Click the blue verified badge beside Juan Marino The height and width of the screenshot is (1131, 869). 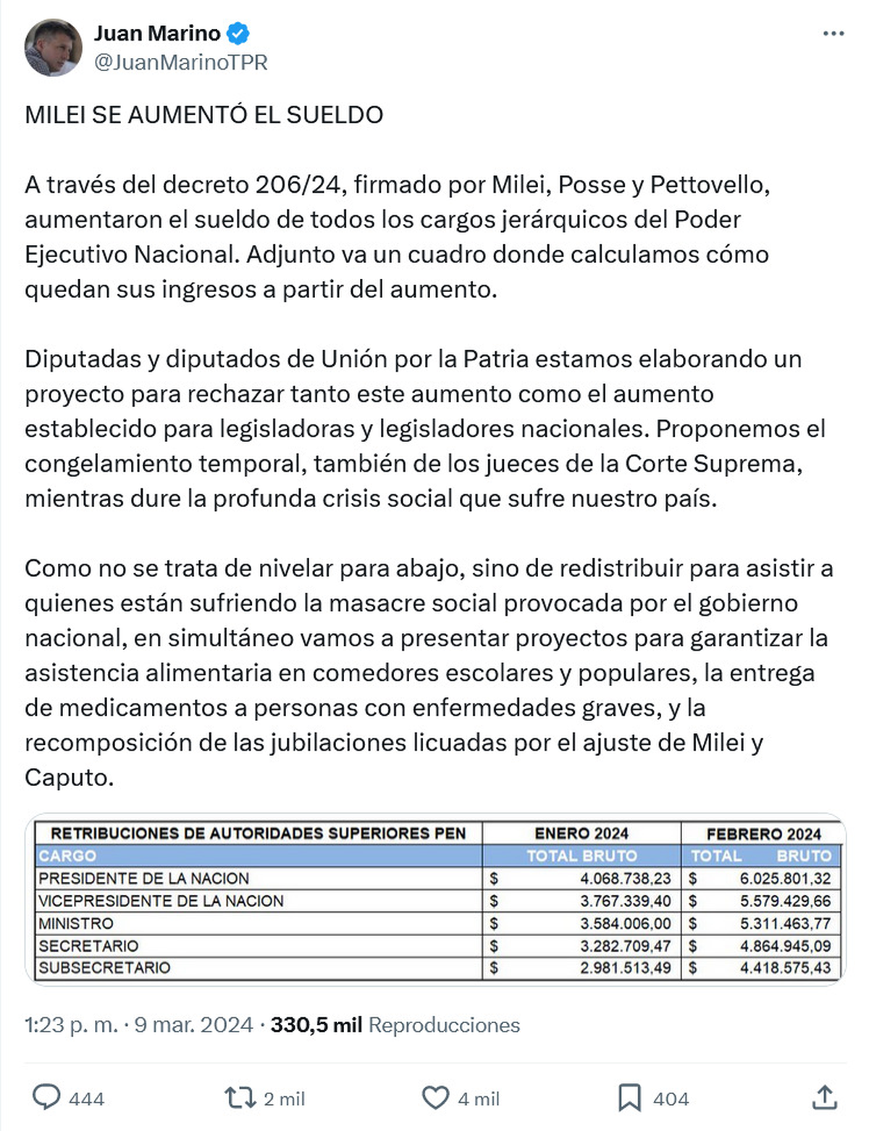click(238, 33)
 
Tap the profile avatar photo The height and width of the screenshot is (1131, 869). click(53, 48)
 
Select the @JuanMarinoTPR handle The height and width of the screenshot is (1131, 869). click(181, 63)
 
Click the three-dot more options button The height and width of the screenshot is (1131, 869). click(834, 34)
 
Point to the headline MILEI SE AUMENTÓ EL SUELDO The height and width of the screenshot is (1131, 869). click(204, 114)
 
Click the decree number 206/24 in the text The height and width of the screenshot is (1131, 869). click(298, 185)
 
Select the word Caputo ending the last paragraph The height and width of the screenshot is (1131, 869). click(70, 777)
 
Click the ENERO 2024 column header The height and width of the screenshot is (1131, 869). click(582, 833)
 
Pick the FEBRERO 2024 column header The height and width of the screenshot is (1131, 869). click(763, 834)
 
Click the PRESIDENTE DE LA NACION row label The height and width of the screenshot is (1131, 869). click(143, 878)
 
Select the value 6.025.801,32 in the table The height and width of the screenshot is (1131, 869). click(785, 879)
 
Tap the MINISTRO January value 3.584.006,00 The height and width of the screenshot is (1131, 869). click(625, 924)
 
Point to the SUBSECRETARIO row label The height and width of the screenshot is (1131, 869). click(104, 968)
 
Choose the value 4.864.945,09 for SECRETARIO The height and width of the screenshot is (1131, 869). click(785, 946)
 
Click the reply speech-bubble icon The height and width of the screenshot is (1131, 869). click(47, 1098)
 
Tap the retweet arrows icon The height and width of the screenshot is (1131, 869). click(240, 1098)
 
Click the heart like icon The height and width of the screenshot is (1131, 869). click(435, 1098)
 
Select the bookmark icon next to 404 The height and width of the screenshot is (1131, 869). click(629, 1098)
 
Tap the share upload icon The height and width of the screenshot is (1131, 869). click(824, 1098)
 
